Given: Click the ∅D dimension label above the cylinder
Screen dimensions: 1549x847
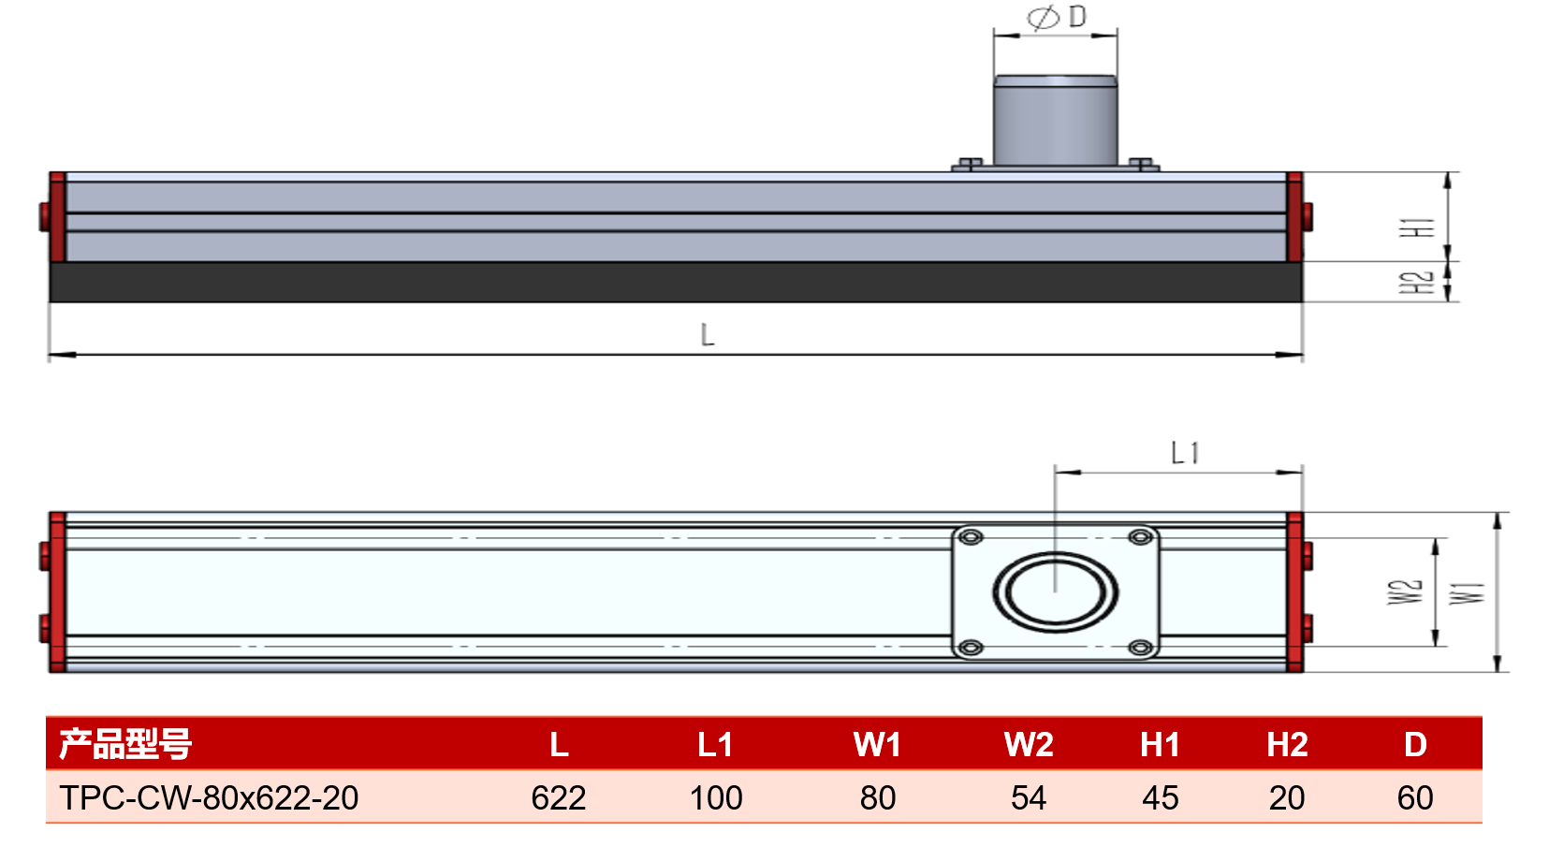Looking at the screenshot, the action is pyautogui.click(x=1057, y=17).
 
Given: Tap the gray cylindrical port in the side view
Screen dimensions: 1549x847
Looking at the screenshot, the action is pyautogui.click(x=1055, y=121).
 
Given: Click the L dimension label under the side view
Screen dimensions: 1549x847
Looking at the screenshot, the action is pyautogui.click(x=707, y=335).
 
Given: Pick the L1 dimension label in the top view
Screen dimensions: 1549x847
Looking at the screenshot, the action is pyautogui.click(x=1185, y=453).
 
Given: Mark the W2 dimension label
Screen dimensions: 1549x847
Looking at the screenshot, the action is pyautogui.click(x=1405, y=591).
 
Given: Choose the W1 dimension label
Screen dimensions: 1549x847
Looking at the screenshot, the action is pyautogui.click(x=1467, y=593).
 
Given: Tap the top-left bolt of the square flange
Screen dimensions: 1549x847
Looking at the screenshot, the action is pyautogui.click(x=971, y=537).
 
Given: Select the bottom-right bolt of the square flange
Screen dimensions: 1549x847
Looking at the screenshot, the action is pyautogui.click(x=1140, y=647).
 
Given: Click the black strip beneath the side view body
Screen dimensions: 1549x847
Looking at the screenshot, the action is pyautogui.click(x=676, y=282).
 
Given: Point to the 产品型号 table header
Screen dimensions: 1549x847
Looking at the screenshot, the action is pyautogui.click(x=125, y=744).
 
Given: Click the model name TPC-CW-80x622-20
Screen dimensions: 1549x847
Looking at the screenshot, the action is pyautogui.click(x=209, y=798).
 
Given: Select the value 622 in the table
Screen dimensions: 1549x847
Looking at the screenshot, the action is pyautogui.click(x=559, y=798).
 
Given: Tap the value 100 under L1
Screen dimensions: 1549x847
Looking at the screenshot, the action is pyautogui.click(x=716, y=798).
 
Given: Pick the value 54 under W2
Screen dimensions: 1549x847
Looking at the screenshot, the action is pyautogui.click(x=1029, y=798).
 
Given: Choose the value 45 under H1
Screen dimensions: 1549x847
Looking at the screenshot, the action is pyautogui.click(x=1161, y=798).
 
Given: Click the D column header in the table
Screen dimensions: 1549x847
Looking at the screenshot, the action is pyautogui.click(x=1415, y=745).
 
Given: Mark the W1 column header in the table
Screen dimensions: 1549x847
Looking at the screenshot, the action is pyautogui.click(x=878, y=745).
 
